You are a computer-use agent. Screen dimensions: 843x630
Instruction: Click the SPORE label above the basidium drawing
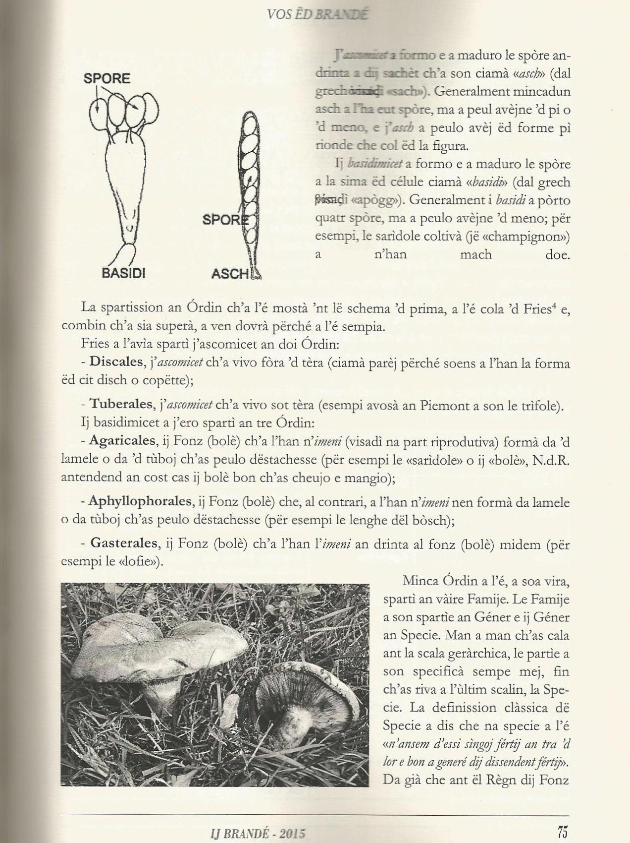[106, 78]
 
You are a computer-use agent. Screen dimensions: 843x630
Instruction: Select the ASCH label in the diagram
[230, 273]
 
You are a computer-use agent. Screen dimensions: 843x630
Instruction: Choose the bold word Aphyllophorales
[140, 501]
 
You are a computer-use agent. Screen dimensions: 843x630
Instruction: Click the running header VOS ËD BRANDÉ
[317, 14]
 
